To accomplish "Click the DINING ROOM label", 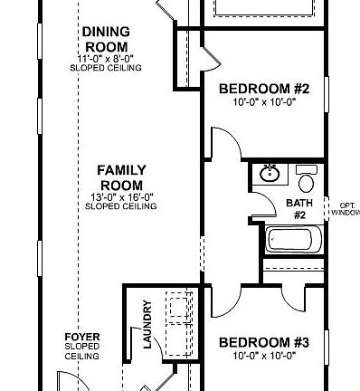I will tap(106, 39).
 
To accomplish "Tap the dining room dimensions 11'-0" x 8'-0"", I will tap(106, 59).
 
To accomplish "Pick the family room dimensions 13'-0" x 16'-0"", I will tap(121, 197).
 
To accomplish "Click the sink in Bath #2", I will tap(268, 173).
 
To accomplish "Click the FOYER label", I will tap(81, 337).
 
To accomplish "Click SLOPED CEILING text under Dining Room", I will tap(106, 68).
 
